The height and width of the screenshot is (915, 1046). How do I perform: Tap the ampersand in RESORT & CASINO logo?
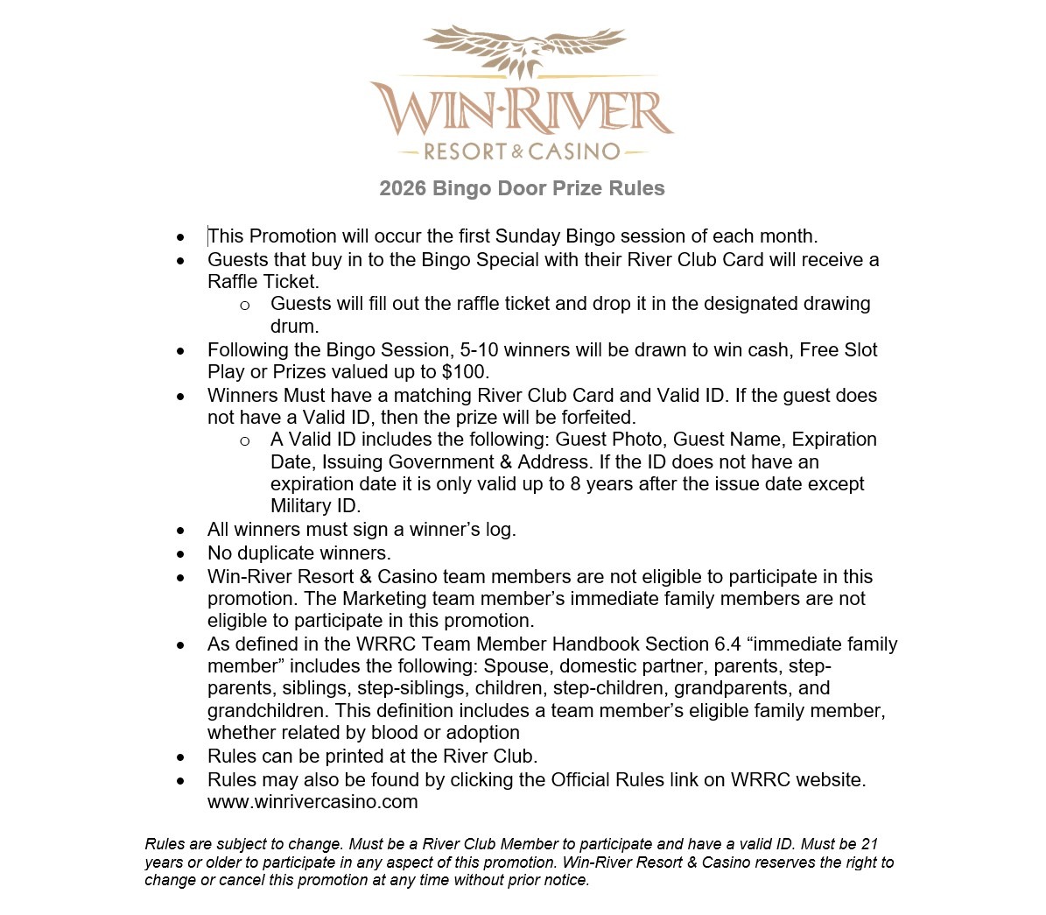coord(517,152)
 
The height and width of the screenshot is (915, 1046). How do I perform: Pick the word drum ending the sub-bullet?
coord(293,327)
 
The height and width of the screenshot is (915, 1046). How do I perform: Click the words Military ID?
coord(315,506)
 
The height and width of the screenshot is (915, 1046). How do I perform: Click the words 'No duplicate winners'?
coord(298,553)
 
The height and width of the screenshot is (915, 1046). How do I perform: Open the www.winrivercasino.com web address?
coord(312,802)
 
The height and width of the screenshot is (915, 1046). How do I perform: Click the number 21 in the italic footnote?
coord(868,845)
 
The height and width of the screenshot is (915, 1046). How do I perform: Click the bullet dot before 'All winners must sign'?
coord(180,531)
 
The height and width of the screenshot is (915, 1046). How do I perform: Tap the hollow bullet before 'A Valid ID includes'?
coord(244,440)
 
